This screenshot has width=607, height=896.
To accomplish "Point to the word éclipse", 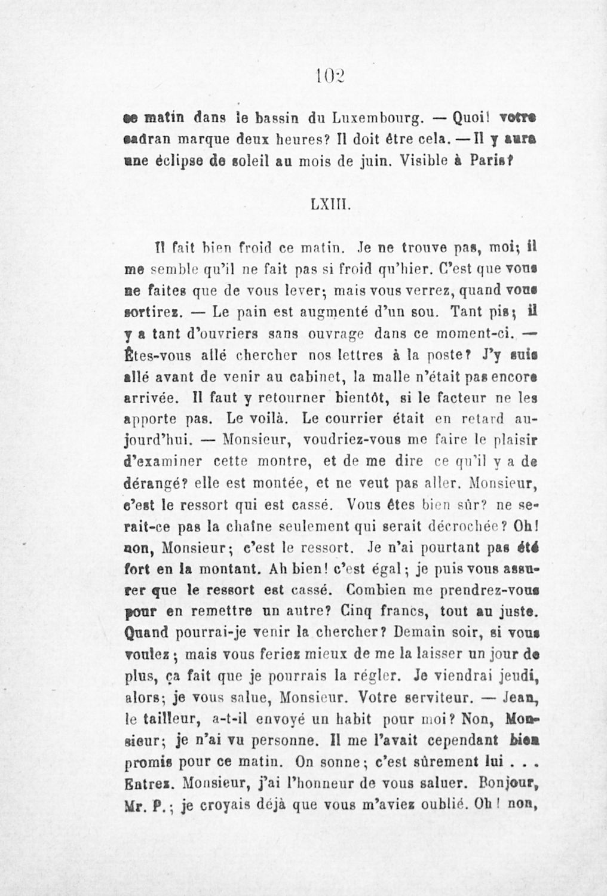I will click(195, 161).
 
